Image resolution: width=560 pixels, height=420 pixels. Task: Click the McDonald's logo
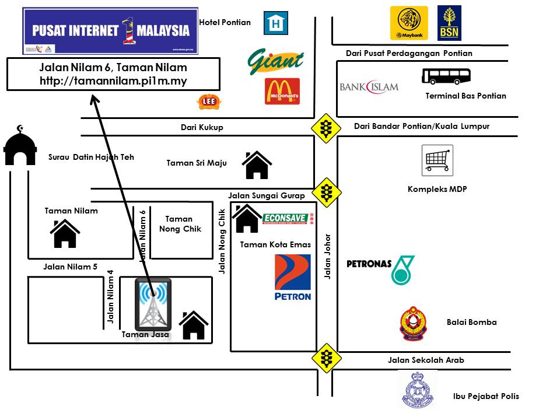tap(282, 92)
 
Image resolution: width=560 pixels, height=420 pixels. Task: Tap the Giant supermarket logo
tap(276, 61)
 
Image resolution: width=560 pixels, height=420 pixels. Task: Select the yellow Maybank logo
tap(409, 23)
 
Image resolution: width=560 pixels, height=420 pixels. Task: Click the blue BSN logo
tap(450, 23)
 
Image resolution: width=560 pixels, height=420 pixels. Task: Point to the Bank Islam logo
tap(369, 87)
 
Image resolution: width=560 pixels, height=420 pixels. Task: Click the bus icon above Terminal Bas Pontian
tap(446, 76)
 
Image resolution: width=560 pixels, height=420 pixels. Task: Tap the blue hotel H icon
tap(275, 23)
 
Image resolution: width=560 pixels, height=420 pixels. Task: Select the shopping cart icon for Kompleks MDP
tap(437, 160)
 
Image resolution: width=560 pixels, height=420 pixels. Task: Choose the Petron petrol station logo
tap(292, 277)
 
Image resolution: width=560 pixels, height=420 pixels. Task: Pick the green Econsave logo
tap(286, 218)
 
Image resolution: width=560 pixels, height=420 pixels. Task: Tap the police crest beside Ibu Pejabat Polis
tap(418, 389)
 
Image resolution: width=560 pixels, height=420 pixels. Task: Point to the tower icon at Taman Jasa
tap(153, 304)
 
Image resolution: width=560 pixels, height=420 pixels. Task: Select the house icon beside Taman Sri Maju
tap(257, 165)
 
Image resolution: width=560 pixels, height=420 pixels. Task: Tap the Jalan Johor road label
tap(328, 257)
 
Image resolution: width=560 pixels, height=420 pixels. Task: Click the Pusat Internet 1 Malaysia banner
tap(110, 31)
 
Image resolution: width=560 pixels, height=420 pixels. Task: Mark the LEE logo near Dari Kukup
tap(208, 102)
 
